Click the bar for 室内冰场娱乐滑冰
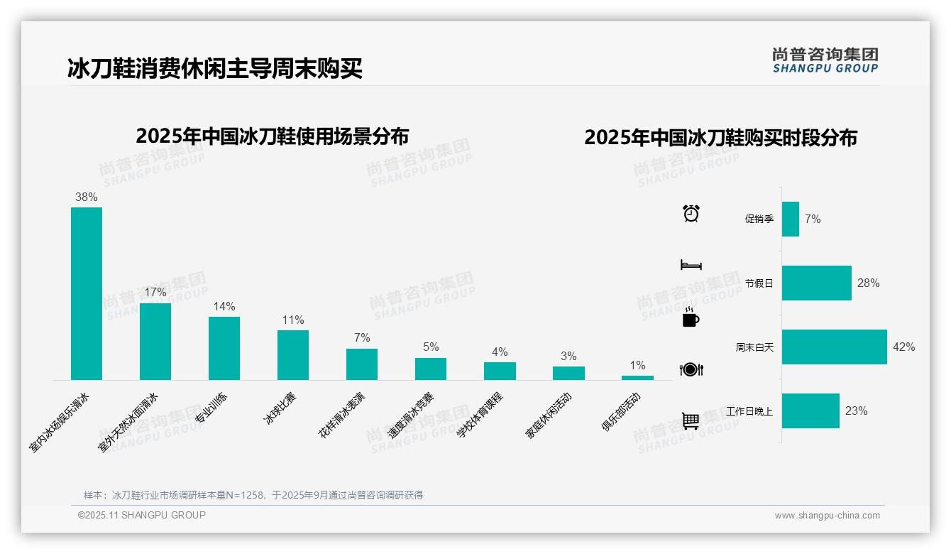point(87,293)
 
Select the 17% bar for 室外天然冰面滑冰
point(155,341)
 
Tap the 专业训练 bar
point(224,348)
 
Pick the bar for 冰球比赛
point(293,354)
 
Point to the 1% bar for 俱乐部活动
point(637,378)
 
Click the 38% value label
point(87,197)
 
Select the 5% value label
point(431,347)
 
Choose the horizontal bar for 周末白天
point(834,347)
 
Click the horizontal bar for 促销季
point(790,219)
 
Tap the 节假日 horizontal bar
point(816,283)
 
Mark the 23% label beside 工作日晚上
point(856,411)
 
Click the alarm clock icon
point(691,213)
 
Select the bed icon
point(691,265)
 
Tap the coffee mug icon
point(691,318)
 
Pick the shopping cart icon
point(691,420)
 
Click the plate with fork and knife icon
point(691,369)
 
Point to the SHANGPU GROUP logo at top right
point(825,60)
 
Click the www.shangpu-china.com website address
point(827,516)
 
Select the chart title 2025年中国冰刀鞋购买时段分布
point(720,137)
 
